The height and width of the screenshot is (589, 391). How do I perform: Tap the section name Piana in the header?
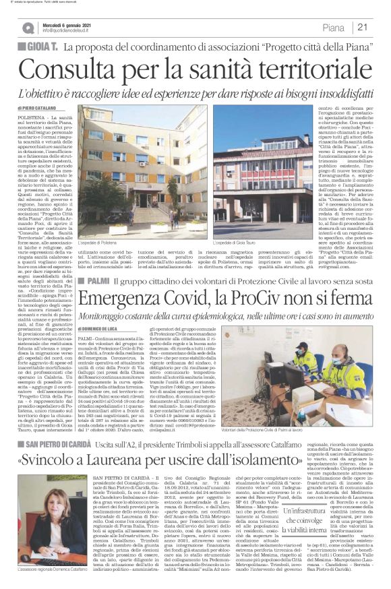[333, 28]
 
